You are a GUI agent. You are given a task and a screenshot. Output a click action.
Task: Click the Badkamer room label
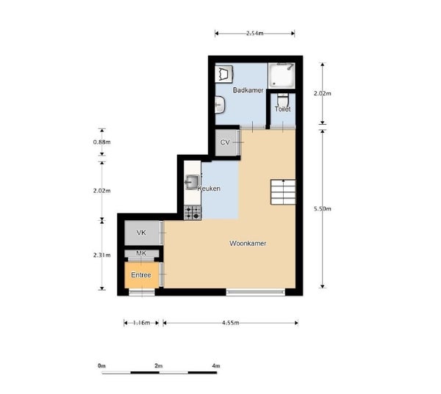[248, 90]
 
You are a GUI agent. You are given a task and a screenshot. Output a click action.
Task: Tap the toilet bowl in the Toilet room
[283, 101]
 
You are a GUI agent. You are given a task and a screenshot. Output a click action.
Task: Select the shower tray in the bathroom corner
[282, 76]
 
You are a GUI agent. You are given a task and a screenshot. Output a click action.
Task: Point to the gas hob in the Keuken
[193, 212]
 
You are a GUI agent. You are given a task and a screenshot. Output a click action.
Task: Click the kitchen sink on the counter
[192, 182]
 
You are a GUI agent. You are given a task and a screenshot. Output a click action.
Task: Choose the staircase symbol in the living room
[283, 191]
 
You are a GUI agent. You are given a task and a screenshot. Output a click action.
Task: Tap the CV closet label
[225, 142]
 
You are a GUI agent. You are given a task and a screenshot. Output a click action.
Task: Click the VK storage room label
[141, 233]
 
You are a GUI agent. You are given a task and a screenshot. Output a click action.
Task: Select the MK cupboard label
[141, 253]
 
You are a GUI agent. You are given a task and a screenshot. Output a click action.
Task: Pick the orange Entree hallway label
[141, 275]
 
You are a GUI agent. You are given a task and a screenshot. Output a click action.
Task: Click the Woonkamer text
[248, 244]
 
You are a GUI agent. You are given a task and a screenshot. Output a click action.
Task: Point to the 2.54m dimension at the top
[255, 34]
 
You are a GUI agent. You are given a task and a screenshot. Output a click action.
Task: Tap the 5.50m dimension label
[323, 208]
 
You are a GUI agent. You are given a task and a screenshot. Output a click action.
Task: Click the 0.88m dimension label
[102, 142]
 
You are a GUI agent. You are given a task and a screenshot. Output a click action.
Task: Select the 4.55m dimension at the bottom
[231, 323]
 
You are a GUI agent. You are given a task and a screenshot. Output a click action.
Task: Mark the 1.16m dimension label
[141, 323]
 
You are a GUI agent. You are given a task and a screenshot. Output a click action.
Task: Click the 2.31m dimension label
[102, 255]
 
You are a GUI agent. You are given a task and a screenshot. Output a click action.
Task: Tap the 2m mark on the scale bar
[159, 366]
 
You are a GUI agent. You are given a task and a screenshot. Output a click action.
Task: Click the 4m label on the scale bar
[216, 366]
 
